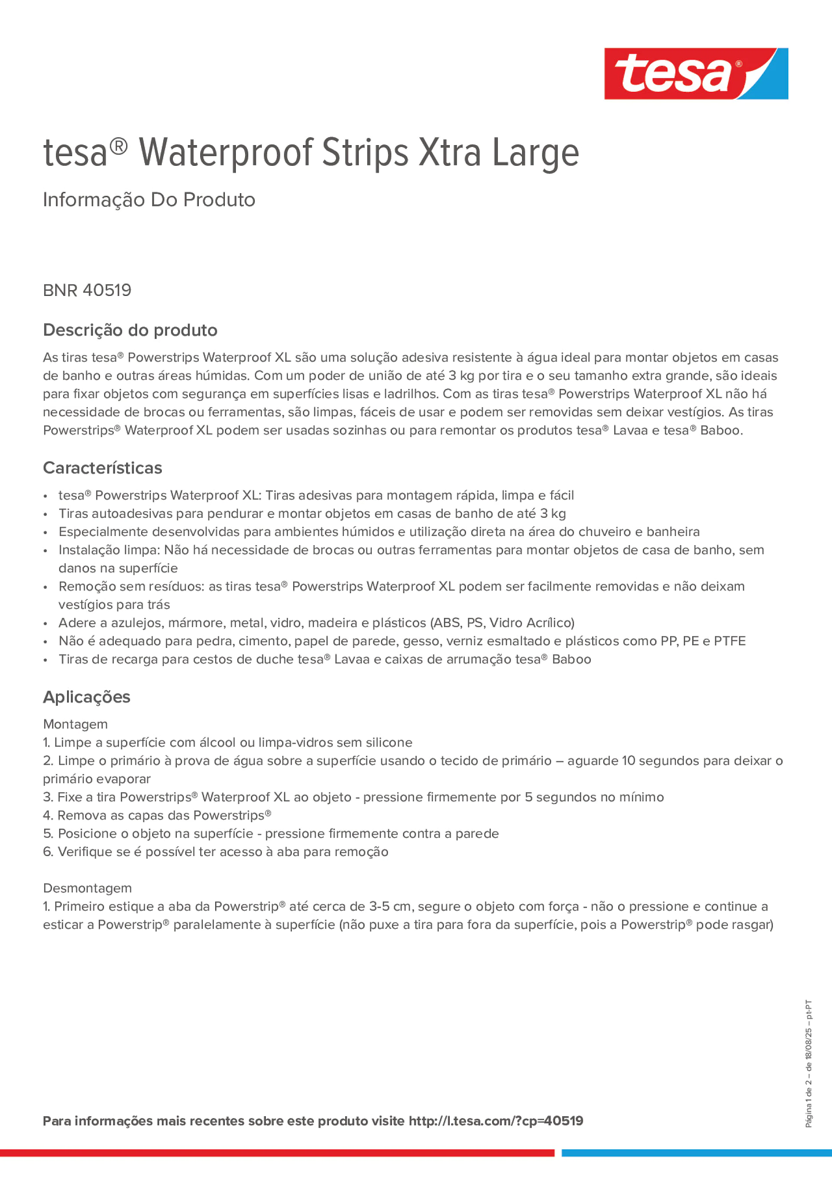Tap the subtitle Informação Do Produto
pos(149,200)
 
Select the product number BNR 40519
pos(87,290)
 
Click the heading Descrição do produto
pos(130,330)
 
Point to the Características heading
pos(103,468)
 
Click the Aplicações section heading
pos(87,697)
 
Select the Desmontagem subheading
pos(87,888)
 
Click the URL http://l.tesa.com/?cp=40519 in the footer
pos(496,1121)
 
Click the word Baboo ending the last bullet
pos(571,659)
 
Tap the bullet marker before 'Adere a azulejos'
pos(46,623)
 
